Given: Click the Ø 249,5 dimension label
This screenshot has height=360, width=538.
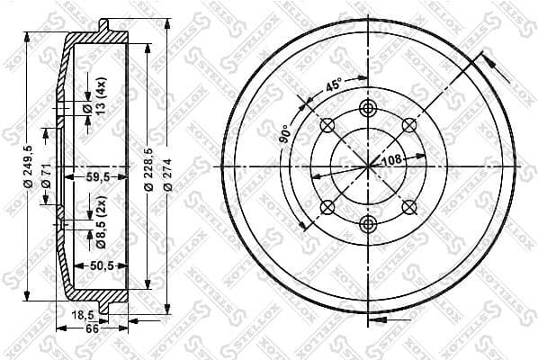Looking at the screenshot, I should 29,166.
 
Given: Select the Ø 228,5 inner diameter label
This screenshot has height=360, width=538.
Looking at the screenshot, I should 148,166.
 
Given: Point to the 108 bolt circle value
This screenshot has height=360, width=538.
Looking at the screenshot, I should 390,160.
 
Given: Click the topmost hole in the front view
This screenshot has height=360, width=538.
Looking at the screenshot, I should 367,109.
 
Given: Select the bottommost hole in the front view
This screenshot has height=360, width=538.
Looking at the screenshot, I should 367,223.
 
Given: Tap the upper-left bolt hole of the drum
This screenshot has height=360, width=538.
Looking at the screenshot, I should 327,125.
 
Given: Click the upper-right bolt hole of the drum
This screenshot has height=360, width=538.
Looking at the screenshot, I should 408,125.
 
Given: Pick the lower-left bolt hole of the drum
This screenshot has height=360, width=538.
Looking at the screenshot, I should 327,207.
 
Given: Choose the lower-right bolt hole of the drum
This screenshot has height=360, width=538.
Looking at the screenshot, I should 408,207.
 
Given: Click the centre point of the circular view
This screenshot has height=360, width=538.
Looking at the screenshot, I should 368,166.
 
